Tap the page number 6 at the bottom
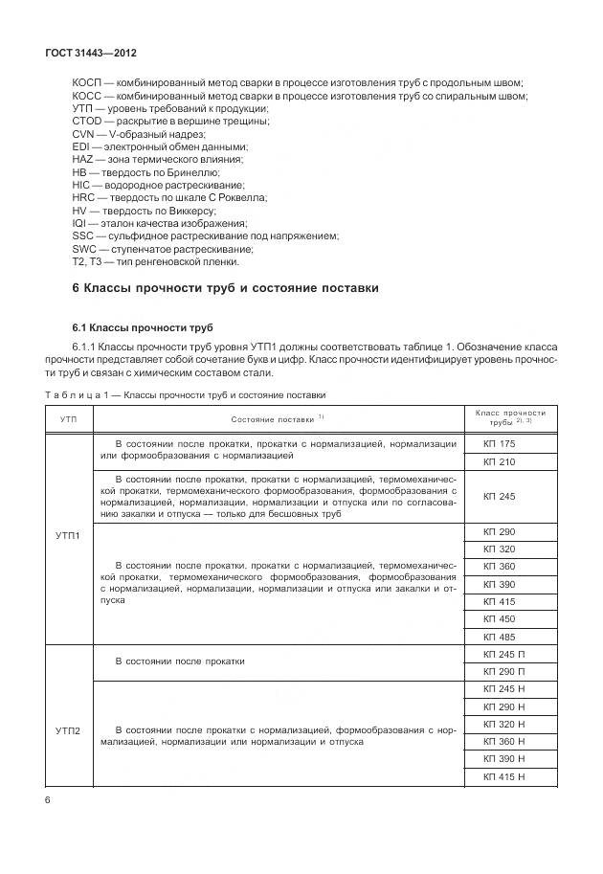48,799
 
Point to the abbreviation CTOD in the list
87,122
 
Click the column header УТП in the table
69,419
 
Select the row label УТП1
69,536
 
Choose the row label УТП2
69,732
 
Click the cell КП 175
499,444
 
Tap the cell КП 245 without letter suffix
499,497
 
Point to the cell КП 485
499,637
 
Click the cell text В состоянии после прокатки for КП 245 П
179,661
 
